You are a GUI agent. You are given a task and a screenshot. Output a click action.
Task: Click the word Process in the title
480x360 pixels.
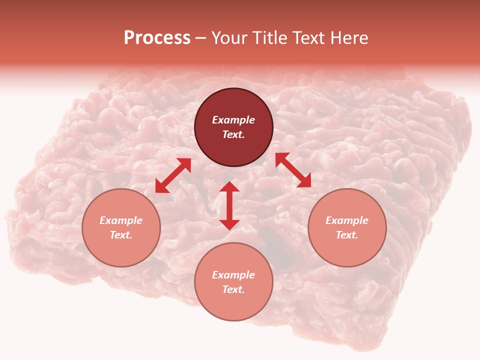coord(157,38)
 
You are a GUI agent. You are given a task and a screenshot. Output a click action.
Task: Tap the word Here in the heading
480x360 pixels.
coord(349,38)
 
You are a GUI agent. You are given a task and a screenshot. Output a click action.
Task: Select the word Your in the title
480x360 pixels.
coord(229,38)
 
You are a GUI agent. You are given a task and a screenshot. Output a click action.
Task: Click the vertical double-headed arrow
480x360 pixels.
coord(229,205)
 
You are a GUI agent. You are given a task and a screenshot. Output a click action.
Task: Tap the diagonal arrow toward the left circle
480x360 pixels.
coord(173,175)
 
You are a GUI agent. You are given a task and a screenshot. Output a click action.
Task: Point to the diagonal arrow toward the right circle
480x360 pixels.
coord(293,170)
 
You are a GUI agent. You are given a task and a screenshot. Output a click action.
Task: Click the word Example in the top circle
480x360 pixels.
coord(233,120)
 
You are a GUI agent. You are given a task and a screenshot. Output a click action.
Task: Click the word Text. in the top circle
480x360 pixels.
coord(233,134)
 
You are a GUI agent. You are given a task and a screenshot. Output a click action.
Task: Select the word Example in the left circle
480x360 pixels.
coord(121,220)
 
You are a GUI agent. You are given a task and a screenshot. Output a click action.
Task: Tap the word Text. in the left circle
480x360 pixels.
coord(121,235)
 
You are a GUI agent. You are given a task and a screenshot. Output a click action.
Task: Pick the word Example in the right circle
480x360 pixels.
coord(347,220)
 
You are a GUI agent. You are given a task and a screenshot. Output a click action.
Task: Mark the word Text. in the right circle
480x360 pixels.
coord(347,235)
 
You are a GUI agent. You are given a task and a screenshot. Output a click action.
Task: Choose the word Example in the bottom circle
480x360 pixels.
coord(233,275)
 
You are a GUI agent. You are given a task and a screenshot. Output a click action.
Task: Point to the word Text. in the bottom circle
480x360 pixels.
coord(233,289)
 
